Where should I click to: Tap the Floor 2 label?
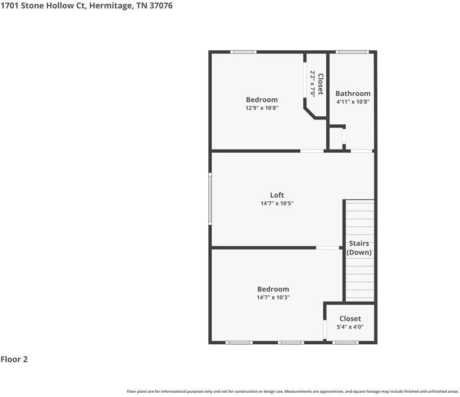click(x=14, y=359)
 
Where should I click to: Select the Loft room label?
click(x=277, y=195)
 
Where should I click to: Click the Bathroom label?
click(x=353, y=93)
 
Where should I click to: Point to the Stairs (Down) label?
click(x=359, y=248)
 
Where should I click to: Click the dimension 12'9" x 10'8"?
click(x=261, y=108)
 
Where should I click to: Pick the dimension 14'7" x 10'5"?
click(x=277, y=204)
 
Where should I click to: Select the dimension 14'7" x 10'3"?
click(x=273, y=298)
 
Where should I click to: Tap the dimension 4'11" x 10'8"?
click(x=353, y=102)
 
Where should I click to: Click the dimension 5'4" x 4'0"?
click(x=350, y=327)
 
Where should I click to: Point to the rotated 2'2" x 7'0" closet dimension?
click(x=313, y=83)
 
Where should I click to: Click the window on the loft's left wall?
click(x=211, y=198)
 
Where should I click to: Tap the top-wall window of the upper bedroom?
click(x=243, y=52)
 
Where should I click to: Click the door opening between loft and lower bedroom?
click(x=327, y=247)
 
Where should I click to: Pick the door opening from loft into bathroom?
click(x=362, y=150)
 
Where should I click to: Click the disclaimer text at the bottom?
click(x=293, y=392)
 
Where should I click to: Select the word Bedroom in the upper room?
click(x=261, y=100)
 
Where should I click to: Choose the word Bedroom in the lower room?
click(x=273, y=289)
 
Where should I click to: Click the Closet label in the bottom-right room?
click(x=350, y=318)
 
